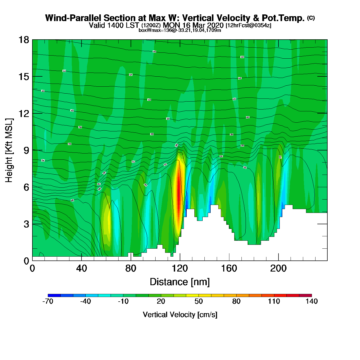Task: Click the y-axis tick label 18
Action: [23, 40]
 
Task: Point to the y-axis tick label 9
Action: [26, 150]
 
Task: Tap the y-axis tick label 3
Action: [26, 224]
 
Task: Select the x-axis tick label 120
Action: [180, 268]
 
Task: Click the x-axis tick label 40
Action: [82, 268]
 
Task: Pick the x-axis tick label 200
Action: [278, 268]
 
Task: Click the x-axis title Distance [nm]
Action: [180, 282]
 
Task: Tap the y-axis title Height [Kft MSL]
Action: [9, 150]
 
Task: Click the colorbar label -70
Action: [48, 301]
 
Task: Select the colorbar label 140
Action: [312, 301]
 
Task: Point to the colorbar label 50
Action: [199, 301]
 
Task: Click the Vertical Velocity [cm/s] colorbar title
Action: [180, 314]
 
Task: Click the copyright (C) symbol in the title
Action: [311, 18]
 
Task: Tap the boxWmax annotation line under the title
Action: [180, 30]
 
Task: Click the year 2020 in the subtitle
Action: [215, 25]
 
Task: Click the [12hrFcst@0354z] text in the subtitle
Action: [248, 25]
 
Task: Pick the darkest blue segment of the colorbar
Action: [54, 295]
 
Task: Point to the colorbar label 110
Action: [274, 301]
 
